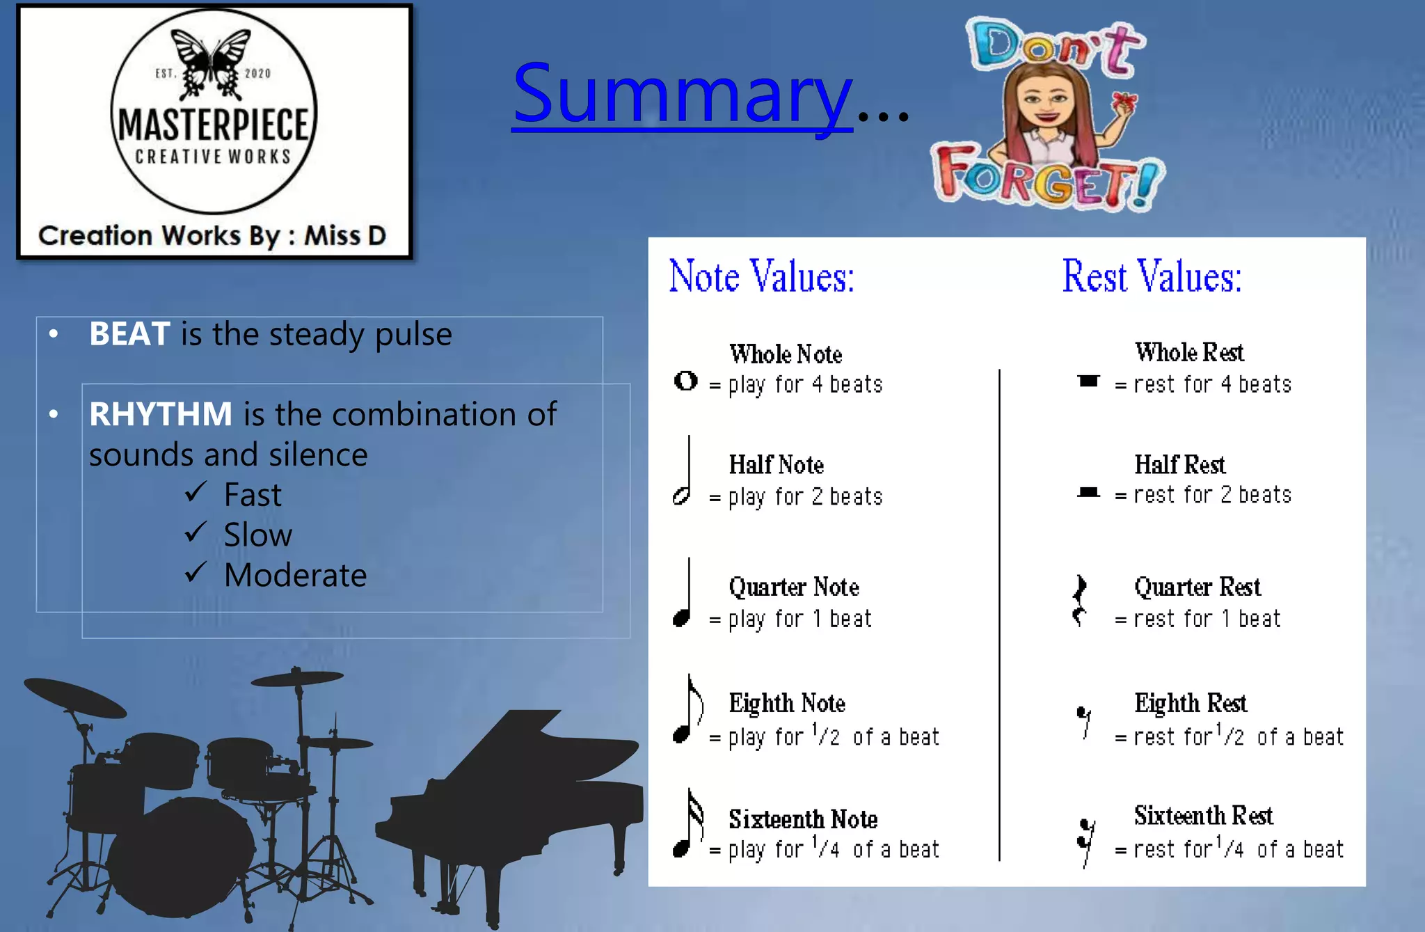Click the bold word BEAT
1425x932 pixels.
tap(129, 334)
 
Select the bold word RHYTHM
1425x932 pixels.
tap(161, 414)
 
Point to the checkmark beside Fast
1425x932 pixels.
tap(196, 492)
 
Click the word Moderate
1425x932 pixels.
tap(295, 576)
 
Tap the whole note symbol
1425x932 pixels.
tap(685, 381)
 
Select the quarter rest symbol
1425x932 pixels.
tap(1079, 600)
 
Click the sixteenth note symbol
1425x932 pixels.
tap(687, 824)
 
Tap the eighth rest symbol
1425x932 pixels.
tap(1084, 721)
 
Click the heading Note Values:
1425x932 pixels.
tap(761, 276)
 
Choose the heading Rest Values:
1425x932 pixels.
tap(1152, 276)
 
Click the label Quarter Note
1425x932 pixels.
tap(794, 587)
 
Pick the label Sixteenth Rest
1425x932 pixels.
tap(1203, 815)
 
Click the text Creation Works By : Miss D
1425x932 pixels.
tap(212, 236)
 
